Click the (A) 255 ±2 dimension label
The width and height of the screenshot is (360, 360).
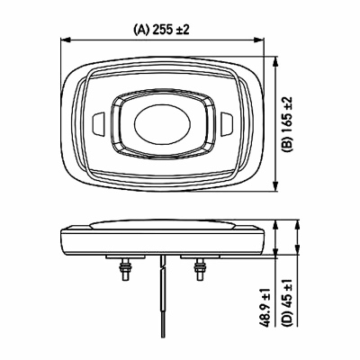pos(161,30)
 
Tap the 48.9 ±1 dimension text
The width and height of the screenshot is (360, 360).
pos(265,307)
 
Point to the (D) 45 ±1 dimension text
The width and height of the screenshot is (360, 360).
pos(288,302)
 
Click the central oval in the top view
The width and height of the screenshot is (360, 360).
pos(163,123)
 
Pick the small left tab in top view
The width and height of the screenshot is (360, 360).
pos(97,123)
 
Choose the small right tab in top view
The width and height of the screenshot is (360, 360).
pos(228,123)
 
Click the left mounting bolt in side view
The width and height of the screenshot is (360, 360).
pos(124,269)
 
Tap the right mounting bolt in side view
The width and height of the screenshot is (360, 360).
pos(199,269)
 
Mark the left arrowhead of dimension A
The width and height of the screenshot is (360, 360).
pos(65,40)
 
